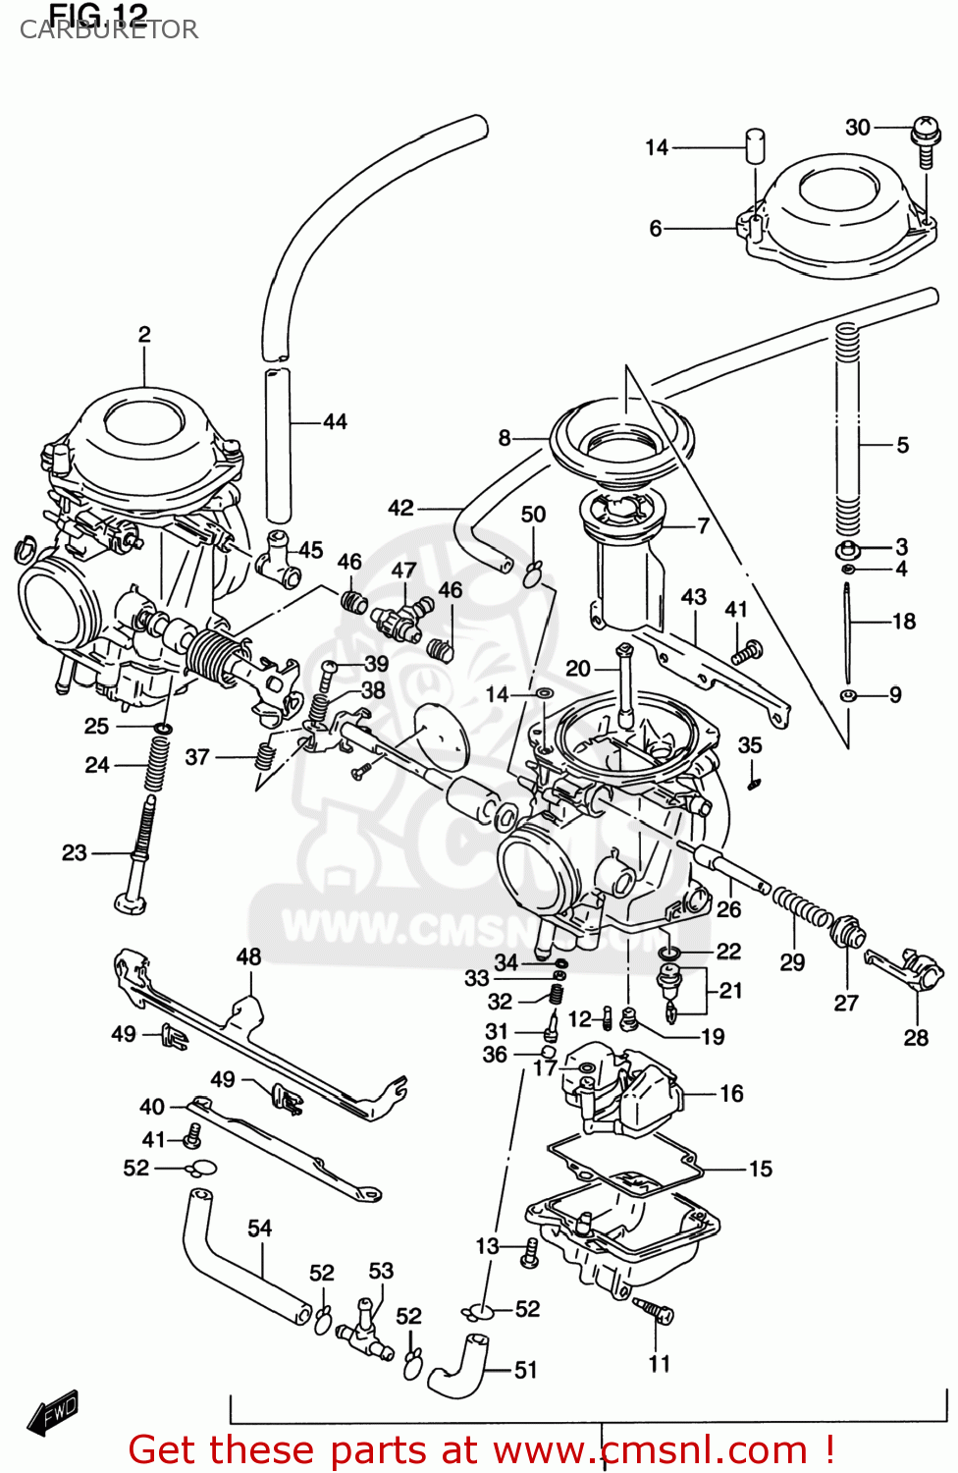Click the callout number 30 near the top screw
pyautogui.click(x=857, y=127)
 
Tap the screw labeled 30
pyautogui.click(x=925, y=137)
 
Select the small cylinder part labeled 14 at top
pyautogui.click(x=755, y=146)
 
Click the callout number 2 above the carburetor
pyautogui.click(x=144, y=334)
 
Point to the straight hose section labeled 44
pyautogui.click(x=279, y=444)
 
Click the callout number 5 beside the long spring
pyautogui.click(x=902, y=445)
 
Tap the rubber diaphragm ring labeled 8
pyautogui.click(x=620, y=437)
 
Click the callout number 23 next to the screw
pyautogui.click(x=75, y=852)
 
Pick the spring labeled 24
pyautogui.click(x=156, y=763)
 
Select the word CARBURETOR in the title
pyautogui.click(x=109, y=29)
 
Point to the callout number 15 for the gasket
pyautogui.click(x=761, y=1169)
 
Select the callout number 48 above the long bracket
pyautogui.click(x=248, y=955)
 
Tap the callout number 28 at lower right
pyautogui.click(x=915, y=1037)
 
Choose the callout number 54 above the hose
pyautogui.click(x=259, y=1227)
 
